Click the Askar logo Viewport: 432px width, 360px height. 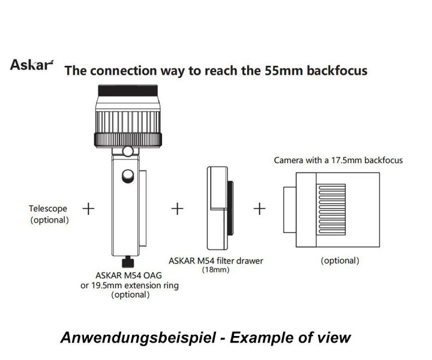pos(31,64)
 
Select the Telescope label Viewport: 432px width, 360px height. pos(48,209)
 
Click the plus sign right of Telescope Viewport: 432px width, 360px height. pos(88,209)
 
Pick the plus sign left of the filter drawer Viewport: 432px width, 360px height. pos(177,209)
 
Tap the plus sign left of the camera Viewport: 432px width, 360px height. pos(259,209)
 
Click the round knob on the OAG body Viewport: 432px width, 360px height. pos(127,176)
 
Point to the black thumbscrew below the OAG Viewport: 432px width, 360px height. pos(127,262)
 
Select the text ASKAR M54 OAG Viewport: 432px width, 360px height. pos(127,275)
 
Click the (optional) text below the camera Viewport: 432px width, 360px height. pos(340,260)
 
